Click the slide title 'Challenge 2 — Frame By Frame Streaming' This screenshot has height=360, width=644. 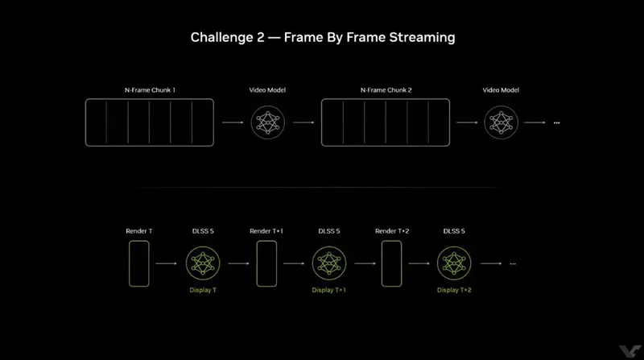[x=323, y=37]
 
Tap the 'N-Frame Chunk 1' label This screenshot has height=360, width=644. [x=150, y=90]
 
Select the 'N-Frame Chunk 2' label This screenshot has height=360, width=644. [x=386, y=90]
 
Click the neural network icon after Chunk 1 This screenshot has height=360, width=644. [x=268, y=122]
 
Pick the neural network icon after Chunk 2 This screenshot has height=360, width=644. [x=501, y=122]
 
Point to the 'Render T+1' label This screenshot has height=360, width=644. [x=266, y=231]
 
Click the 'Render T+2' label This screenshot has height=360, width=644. [x=392, y=231]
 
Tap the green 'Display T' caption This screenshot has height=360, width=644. [x=203, y=290]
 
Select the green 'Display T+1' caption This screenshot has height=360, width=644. [x=328, y=290]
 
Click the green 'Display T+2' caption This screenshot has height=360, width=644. [x=454, y=290]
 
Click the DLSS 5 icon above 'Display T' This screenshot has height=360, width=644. [x=203, y=263]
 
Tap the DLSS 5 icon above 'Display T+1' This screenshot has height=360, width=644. [x=329, y=263]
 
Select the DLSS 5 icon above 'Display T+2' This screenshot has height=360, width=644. [x=454, y=263]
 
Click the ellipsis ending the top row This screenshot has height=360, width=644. [x=556, y=123]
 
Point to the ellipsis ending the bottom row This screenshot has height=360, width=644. [x=513, y=264]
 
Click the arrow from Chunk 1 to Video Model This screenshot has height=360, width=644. [x=233, y=122]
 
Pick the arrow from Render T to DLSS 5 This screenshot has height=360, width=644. [x=167, y=263]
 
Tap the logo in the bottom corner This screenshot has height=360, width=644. [x=630, y=351]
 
